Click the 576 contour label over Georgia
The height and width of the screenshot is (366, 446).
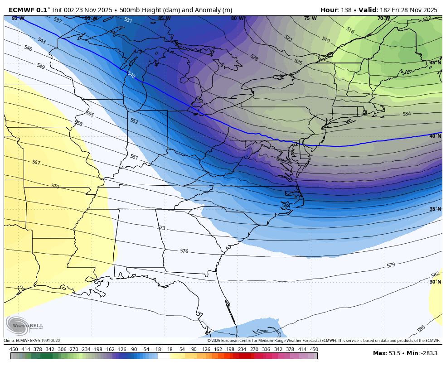[x=184, y=251]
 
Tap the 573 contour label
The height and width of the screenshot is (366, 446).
[x=161, y=228]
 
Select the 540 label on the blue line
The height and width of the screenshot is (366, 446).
[x=131, y=75]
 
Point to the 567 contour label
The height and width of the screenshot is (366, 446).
[x=36, y=162]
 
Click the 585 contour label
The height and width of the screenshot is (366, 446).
[x=421, y=328]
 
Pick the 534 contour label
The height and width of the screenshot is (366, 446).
[x=407, y=114]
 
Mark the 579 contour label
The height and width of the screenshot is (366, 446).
[x=391, y=265]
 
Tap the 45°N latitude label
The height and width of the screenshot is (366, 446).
[x=435, y=63]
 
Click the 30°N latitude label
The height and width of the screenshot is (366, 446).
[x=435, y=282]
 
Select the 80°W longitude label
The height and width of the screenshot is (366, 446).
[x=237, y=19]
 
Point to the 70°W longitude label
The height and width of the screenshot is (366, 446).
[x=383, y=19]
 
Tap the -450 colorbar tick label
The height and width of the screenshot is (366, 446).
[x=13, y=349]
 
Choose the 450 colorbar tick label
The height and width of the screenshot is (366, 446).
[x=314, y=349]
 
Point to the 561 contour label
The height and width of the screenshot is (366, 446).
[x=134, y=157]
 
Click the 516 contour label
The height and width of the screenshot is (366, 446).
[x=350, y=30]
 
